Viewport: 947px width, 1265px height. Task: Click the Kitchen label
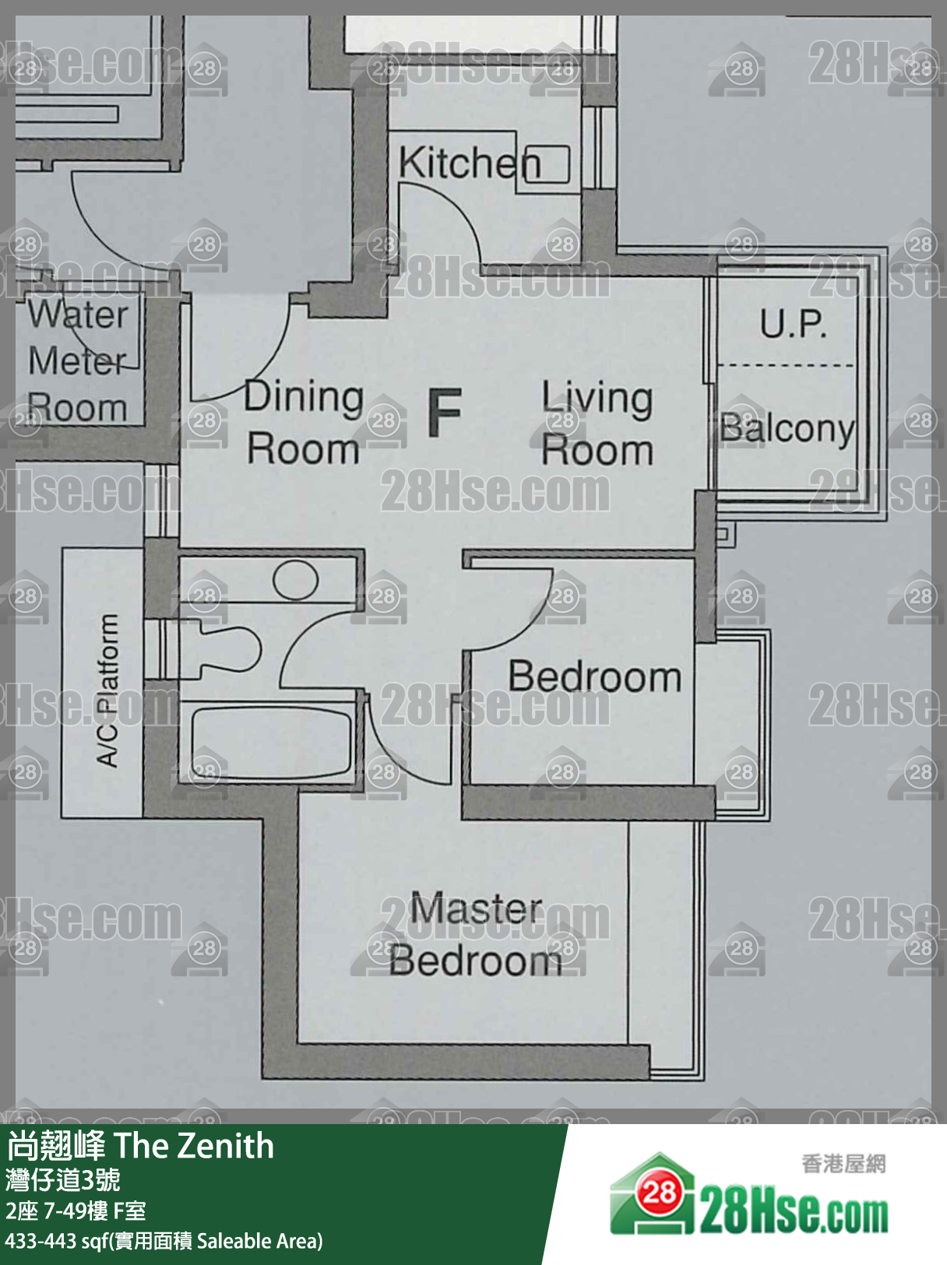[x=470, y=163]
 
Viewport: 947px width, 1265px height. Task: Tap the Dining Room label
[x=303, y=423]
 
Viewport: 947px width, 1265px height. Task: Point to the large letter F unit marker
[x=445, y=412]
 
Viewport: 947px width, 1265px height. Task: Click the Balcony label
[x=787, y=428]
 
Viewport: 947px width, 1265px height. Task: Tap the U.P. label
[x=793, y=324]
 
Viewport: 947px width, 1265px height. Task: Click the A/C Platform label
[x=107, y=690]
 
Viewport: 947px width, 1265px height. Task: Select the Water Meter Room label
[x=78, y=361]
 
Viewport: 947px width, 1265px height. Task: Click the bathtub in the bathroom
[x=271, y=743]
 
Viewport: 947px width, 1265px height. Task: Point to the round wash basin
[x=295, y=580]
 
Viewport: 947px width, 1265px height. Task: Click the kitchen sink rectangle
[x=547, y=165]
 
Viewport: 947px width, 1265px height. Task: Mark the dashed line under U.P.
[x=786, y=365]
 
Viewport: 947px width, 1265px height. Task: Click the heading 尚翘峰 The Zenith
[x=140, y=1146]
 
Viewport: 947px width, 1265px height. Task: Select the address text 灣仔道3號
[x=63, y=1179]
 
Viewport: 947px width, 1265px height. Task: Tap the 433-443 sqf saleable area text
[x=164, y=1241]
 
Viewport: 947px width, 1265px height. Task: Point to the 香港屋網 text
[x=843, y=1164]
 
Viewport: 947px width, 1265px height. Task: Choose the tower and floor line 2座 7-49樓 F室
[x=76, y=1211]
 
